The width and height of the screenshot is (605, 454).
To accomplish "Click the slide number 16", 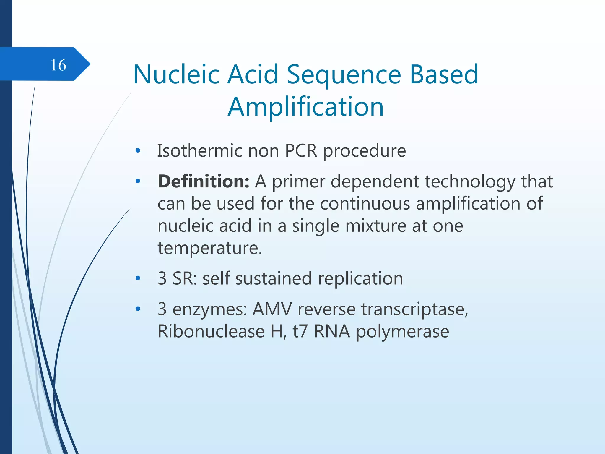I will pyautogui.click(x=58, y=65).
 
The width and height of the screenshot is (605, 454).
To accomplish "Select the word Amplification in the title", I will pyautogui.click(x=306, y=107).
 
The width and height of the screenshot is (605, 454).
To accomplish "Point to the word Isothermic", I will pyautogui.click(x=199, y=151).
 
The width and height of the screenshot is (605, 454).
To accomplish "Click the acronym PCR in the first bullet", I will pyautogui.click(x=301, y=151).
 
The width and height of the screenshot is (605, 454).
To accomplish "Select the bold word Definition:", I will pyautogui.click(x=204, y=181).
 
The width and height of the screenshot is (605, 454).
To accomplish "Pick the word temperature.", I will pyautogui.click(x=210, y=248).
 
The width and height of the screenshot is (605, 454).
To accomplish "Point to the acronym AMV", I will pyautogui.click(x=272, y=309).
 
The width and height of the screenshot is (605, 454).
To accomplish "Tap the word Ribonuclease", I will pyautogui.click(x=211, y=331).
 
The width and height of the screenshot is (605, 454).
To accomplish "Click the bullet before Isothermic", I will pyautogui.click(x=138, y=151).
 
